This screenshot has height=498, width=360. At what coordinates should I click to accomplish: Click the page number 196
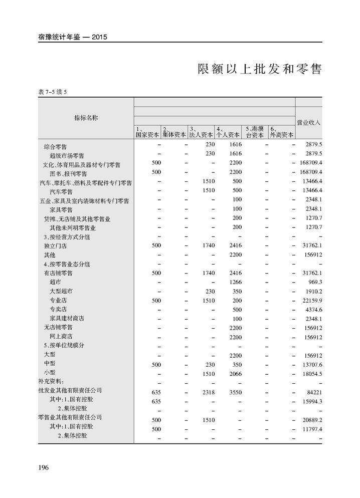point(43,467)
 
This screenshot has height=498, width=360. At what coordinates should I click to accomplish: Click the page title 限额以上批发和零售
point(259,69)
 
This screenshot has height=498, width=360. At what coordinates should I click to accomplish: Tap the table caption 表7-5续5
point(52,92)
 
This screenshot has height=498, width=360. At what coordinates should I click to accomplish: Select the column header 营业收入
point(308,122)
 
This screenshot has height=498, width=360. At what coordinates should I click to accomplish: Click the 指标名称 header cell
point(86,118)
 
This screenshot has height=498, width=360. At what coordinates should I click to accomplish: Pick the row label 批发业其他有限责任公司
point(70,390)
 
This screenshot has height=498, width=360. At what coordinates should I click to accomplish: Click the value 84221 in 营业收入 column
point(313,391)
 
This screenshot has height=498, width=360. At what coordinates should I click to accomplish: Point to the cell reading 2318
point(207,391)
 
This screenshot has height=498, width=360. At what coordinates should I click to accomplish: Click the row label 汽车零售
point(61,192)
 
